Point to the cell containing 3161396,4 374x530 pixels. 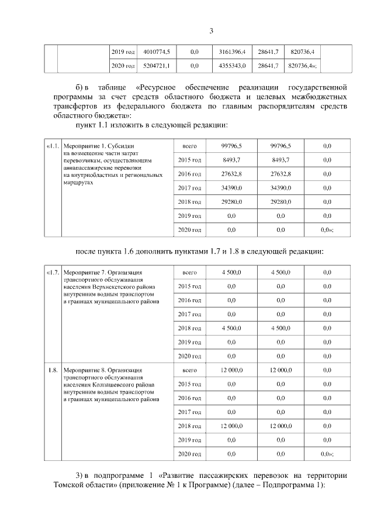(232, 52)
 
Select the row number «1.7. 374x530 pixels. (53, 272)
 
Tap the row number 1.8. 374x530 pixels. (53, 370)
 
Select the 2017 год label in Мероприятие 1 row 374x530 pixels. (189, 187)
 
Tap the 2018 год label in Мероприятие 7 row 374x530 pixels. (189, 328)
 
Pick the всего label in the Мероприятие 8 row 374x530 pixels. (189, 370)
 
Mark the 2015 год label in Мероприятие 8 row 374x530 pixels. (189, 384)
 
